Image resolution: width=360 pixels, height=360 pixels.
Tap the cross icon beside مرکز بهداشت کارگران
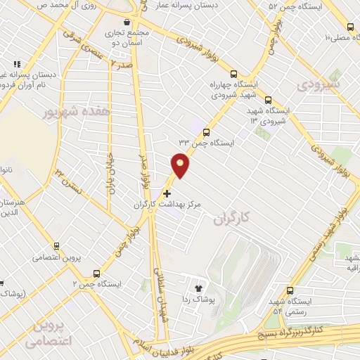[x=167, y=193]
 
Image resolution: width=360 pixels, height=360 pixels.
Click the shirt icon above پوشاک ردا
[x=198, y=288]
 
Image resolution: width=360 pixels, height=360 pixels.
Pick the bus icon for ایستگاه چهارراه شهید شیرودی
[x=233, y=72]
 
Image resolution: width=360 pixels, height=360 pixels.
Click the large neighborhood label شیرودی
[x=318, y=84]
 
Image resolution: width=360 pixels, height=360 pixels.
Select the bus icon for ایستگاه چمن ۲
[x=96, y=274]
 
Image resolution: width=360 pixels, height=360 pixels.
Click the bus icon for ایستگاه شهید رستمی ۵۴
[x=290, y=290]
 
